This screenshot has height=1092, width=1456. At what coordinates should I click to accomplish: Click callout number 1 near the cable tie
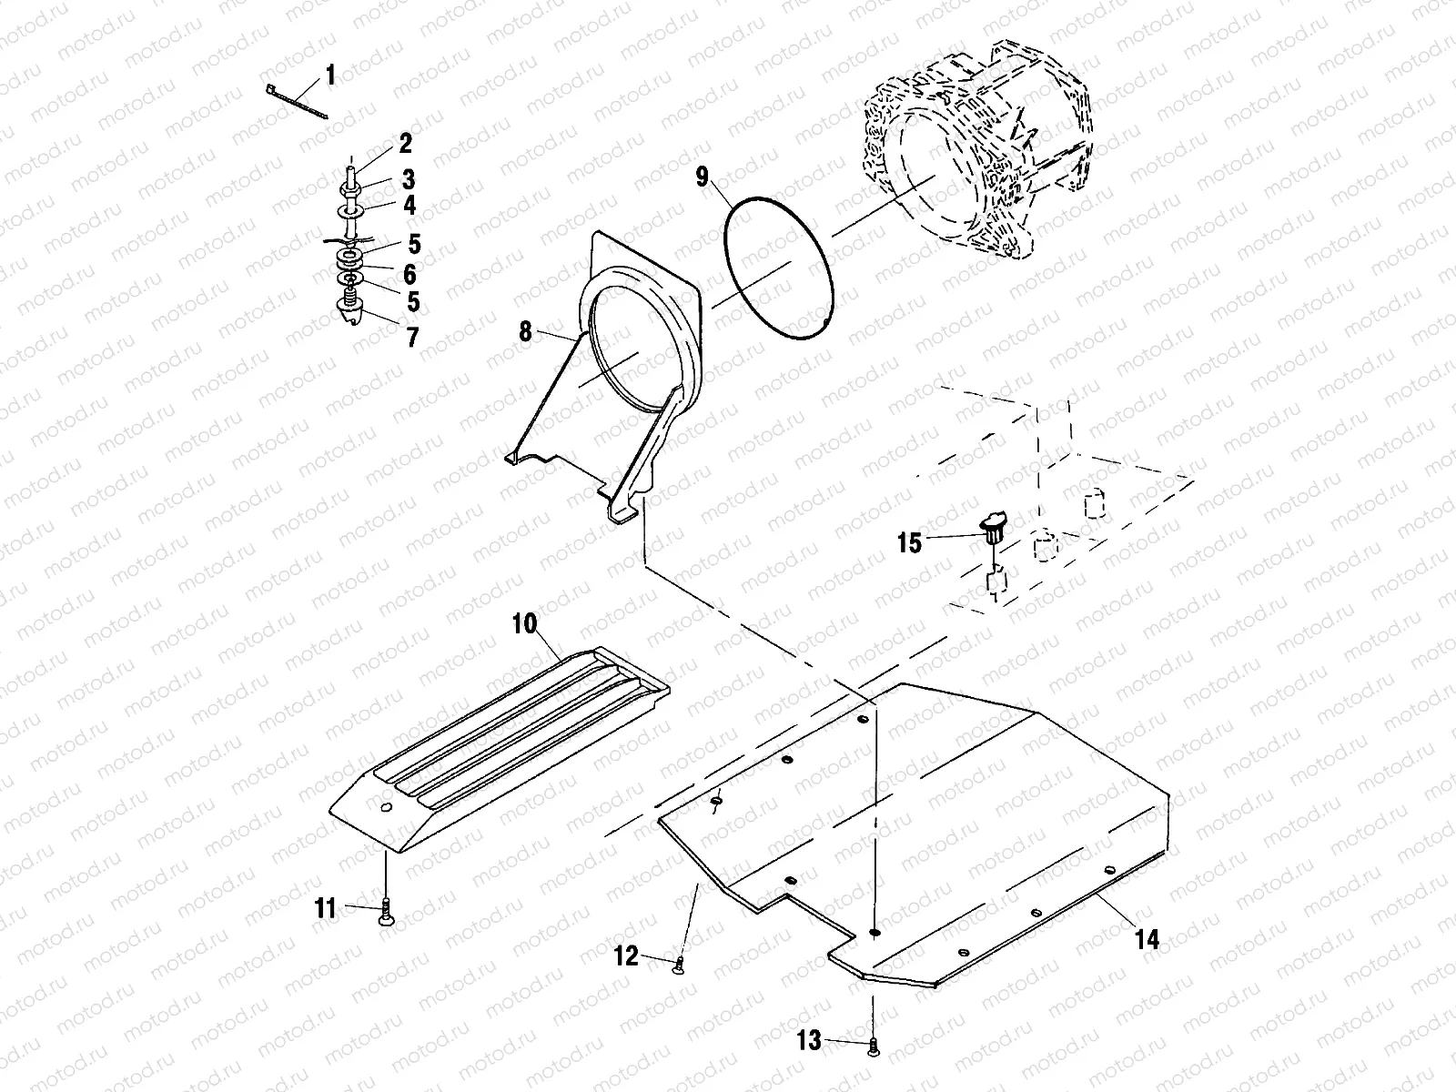[330, 75]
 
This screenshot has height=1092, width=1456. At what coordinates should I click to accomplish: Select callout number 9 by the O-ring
[702, 177]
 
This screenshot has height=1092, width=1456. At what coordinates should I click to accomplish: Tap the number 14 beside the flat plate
[1148, 939]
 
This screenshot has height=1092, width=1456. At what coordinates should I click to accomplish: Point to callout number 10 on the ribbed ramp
[525, 624]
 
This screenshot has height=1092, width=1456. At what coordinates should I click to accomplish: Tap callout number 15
[909, 543]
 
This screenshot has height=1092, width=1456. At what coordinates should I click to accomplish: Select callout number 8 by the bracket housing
[525, 332]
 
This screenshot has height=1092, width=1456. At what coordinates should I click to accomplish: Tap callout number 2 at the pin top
[404, 143]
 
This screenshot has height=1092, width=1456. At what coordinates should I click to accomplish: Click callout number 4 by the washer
[409, 206]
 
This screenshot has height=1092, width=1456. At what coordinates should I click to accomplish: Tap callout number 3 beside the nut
[409, 177]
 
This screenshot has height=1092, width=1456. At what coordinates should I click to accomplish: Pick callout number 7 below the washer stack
[412, 338]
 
